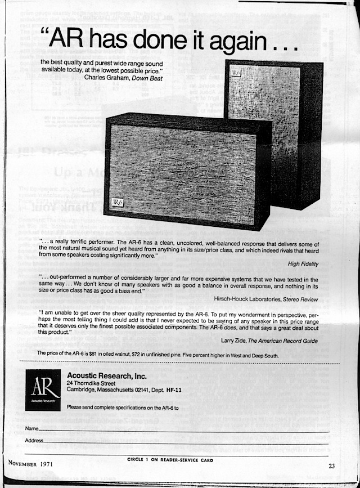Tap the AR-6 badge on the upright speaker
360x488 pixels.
[233, 73]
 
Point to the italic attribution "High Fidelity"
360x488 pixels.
[303, 263]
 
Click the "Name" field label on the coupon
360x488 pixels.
[31, 429]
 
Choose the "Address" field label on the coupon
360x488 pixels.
[34, 440]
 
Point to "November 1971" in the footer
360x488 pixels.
[30, 464]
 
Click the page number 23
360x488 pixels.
[332, 465]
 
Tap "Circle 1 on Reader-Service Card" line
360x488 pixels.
[170, 459]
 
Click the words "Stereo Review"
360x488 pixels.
[301, 298]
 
